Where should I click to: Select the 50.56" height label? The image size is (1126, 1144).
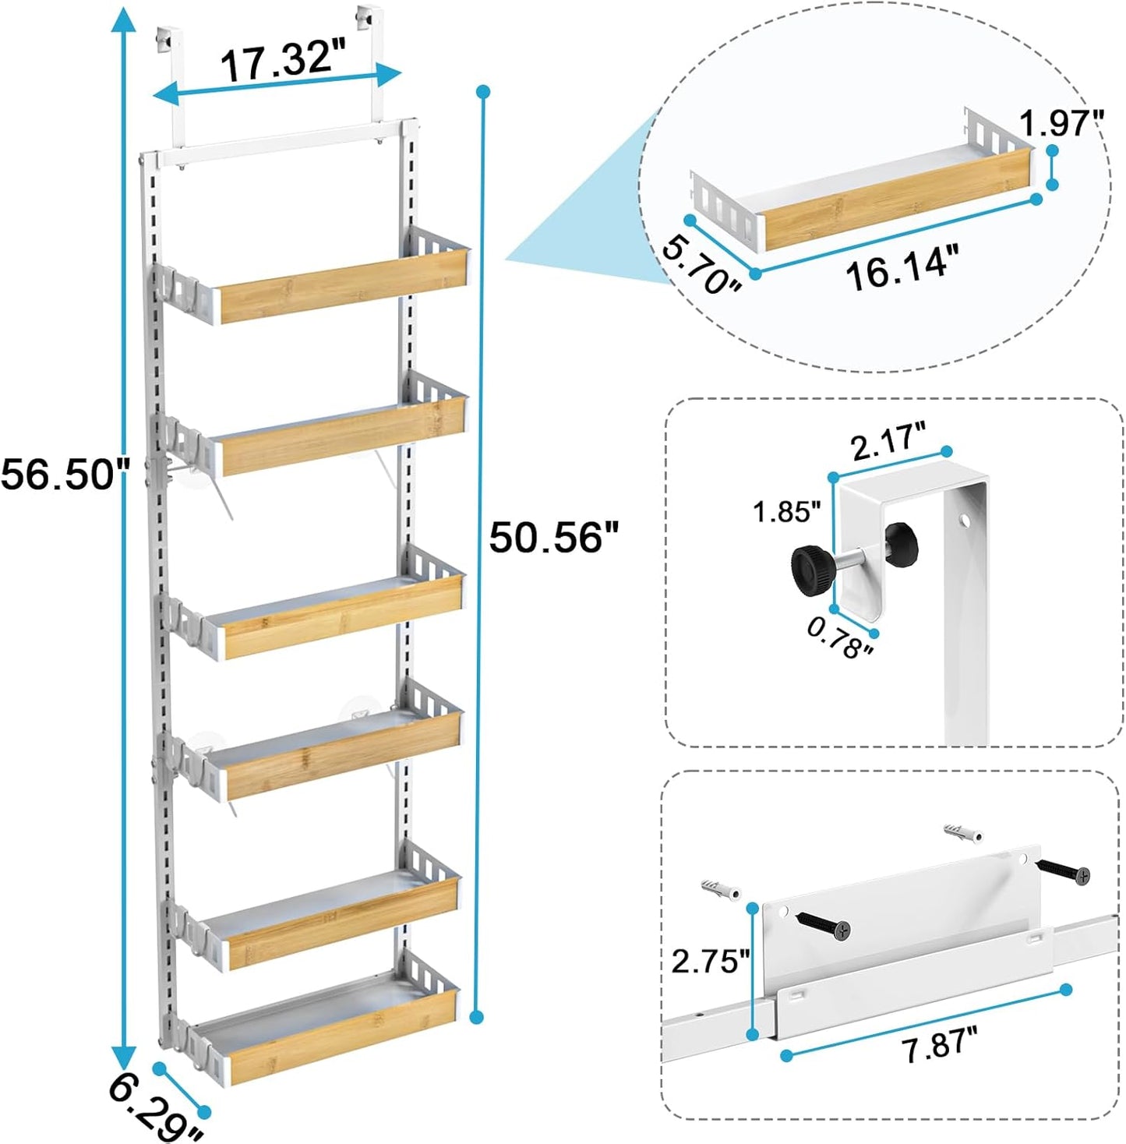[x=554, y=537]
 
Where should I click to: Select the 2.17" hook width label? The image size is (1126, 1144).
[x=888, y=443]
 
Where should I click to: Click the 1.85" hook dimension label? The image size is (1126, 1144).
[x=786, y=512]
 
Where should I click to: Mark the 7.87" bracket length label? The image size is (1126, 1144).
[x=939, y=1044]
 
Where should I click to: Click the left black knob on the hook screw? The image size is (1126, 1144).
[x=810, y=570]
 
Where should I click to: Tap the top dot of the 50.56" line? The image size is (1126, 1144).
[x=483, y=92]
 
